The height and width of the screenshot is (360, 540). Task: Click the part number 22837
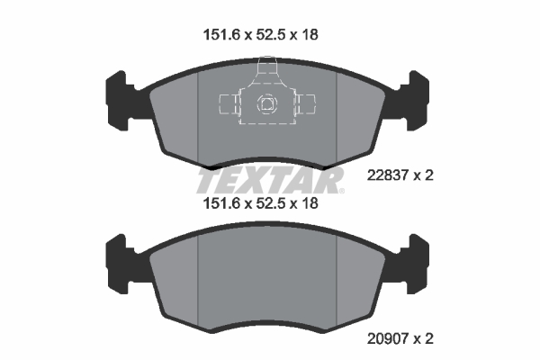(x=388, y=175)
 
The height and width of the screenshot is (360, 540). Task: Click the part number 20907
(x=388, y=339)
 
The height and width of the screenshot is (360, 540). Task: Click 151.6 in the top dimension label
(x=221, y=35)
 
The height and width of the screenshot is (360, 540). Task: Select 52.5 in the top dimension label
(x=272, y=35)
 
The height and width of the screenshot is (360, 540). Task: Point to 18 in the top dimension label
(x=310, y=35)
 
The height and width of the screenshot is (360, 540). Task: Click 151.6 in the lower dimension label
(x=221, y=203)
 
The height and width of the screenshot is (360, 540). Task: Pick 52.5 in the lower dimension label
(x=272, y=203)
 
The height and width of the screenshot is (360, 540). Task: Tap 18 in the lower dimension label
(x=310, y=203)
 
